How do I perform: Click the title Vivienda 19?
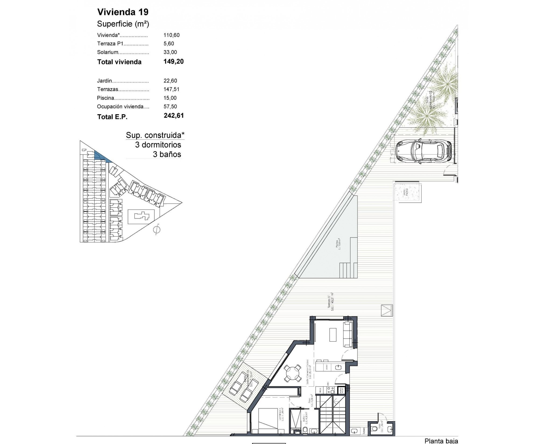point(123,12)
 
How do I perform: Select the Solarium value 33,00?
point(170,52)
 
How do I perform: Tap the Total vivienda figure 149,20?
point(173,62)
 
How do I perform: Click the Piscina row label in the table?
point(106,98)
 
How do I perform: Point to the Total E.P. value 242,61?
point(173,116)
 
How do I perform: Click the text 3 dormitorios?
point(158,145)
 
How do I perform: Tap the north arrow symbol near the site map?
point(157,229)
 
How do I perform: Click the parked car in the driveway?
point(424,151)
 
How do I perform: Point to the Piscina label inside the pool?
point(338,244)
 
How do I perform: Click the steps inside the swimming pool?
point(348,270)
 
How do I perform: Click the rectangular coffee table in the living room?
point(333,335)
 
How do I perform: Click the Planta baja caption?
point(441,441)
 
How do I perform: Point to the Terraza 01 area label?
point(331,301)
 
